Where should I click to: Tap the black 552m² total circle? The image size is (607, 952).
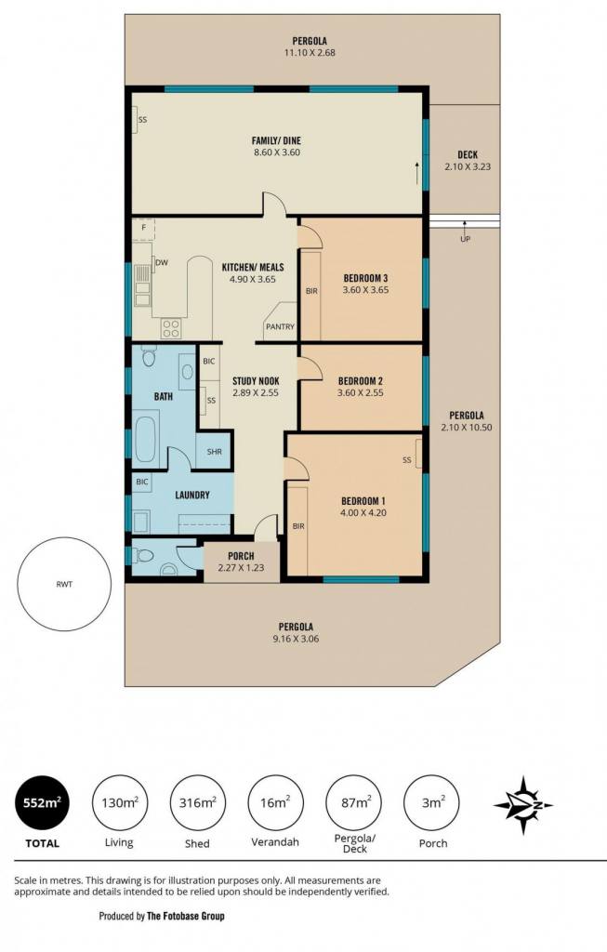tap(42, 803)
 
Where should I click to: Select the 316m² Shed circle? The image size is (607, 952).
tap(197, 803)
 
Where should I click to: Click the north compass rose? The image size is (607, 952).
tap(522, 805)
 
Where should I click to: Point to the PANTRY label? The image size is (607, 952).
tap(280, 326)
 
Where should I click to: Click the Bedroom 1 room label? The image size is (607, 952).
tap(363, 501)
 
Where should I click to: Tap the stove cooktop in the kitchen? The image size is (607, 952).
tap(170, 328)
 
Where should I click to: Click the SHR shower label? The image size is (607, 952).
tap(215, 452)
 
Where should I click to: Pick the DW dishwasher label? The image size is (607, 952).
tap(162, 263)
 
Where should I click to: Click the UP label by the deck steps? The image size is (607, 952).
tap(465, 239)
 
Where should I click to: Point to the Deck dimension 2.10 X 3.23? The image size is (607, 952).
tap(468, 166)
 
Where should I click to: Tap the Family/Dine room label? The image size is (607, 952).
tap(276, 141)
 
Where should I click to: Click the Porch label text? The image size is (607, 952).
tap(241, 556)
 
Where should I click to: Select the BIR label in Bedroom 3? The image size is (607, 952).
tap(311, 291)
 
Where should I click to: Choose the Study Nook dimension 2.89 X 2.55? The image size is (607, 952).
tap(256, 393)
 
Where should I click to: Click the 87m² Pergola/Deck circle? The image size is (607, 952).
tap(355, 803)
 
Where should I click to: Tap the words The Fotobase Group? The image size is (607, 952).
tap(186, 916)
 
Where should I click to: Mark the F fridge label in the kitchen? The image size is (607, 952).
tap(144, 228)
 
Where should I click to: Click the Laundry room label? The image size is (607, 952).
tap(192, 495)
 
